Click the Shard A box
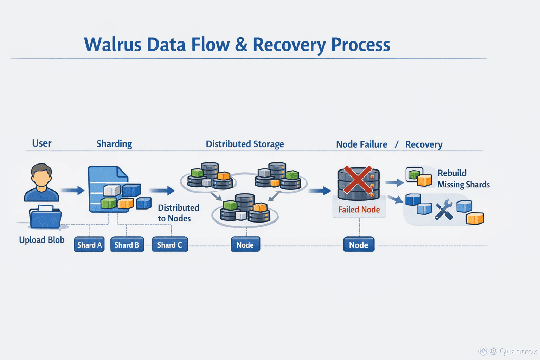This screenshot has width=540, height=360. [89, 245]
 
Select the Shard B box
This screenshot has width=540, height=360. [127, 245]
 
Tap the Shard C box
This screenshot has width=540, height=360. [170, 245]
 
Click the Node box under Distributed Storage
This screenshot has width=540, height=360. [245, 245]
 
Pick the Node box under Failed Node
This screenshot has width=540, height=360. [359, 245]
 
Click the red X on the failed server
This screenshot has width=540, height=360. [358, 180]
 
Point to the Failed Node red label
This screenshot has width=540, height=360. [359, 210]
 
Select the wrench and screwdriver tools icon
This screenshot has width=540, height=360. [444, 210]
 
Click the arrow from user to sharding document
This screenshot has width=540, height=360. [72, 191]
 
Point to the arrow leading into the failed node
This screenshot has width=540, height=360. [320, 191]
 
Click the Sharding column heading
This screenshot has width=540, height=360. [114, 144]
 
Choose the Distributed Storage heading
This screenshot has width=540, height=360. [245, 144]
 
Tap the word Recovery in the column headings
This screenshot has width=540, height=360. [424, 144]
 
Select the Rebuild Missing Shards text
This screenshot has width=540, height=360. [463, 179]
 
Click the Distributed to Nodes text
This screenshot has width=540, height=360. [178, 213]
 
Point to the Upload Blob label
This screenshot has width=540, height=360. [42, 240]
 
